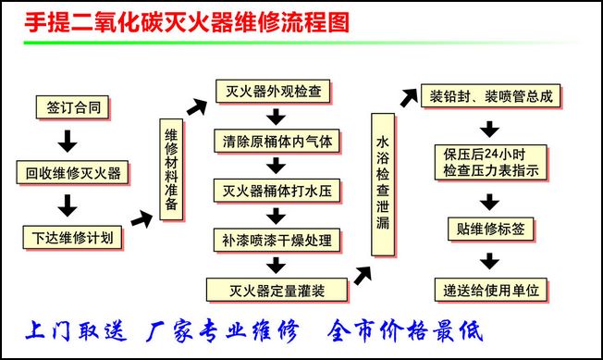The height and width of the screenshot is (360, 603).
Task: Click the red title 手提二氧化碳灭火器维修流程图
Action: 186,21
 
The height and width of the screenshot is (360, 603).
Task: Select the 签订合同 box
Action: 73,107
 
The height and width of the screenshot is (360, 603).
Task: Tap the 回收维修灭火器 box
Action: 72,173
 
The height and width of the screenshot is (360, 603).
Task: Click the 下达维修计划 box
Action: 72,238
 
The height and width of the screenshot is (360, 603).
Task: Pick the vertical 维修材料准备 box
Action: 171,170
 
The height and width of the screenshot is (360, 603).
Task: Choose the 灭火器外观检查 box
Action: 274,92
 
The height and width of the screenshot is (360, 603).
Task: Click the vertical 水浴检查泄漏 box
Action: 383,183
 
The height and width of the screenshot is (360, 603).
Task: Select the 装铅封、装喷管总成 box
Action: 491,96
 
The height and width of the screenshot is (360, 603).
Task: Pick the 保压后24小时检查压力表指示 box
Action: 491,162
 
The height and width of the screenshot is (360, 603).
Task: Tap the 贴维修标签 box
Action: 491,228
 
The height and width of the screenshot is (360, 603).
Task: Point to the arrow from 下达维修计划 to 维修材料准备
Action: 142,218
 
